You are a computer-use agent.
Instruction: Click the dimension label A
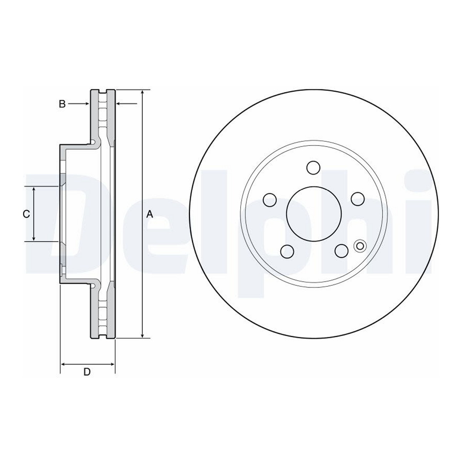click(x=150, y=214)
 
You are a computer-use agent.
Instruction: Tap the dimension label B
click(x=62, y=104)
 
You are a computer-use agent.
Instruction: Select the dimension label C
click(x=27, y=214)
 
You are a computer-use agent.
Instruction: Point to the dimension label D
click(x=87, y=378)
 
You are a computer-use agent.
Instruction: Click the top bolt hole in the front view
click(x=313, y=167)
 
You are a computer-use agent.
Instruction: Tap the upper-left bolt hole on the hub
click(x=270, y=199)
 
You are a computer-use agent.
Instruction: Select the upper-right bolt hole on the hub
click(x=357, y=199)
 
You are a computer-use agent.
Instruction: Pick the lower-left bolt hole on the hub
click(x=287, y=251)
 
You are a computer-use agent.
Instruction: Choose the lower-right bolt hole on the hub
click(x=341, y=251)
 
